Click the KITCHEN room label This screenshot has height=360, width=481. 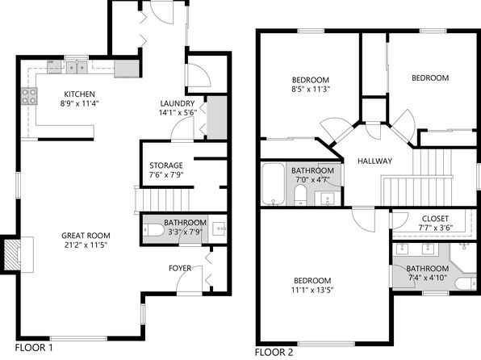click(x=79, y=94)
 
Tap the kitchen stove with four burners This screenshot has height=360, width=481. click(x=29, y=96)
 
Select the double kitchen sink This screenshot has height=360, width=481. click(x=77, y=67)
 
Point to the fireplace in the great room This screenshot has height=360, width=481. click(x=12, y=255)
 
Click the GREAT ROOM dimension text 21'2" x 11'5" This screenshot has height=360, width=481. click(x=86, y=245)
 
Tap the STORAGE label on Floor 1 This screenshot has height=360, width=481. click(x=166, y=165)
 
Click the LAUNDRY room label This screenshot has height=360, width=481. click(x=178, y=103)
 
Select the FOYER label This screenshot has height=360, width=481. click(x=180, y=268)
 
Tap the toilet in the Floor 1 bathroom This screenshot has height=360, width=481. click(x=154, y=230)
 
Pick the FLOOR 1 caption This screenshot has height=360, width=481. click(x=34, y=348)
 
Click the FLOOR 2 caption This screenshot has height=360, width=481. click(x=274, y=352)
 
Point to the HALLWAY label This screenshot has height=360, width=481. click(x=374, y=161)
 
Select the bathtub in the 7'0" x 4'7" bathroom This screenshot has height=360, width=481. click(x=273, y=184)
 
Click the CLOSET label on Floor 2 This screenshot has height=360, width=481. click(x=435, y=219)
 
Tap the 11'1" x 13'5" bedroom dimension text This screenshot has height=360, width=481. click(x=312, y=290)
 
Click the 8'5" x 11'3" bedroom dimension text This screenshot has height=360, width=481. click(x=311, y=90)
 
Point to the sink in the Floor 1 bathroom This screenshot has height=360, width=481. click(x=220, y=228)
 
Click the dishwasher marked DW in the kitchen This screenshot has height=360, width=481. click(x=54, y=67)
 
